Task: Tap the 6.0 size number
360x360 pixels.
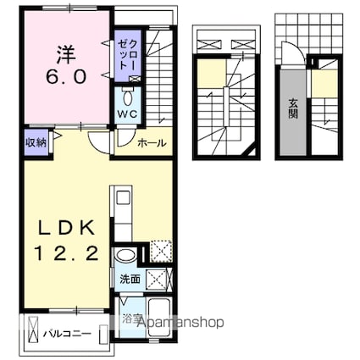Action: click(65, 77)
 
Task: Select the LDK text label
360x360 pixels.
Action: click(66, 228)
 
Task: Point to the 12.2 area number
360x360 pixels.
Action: click(66, 253)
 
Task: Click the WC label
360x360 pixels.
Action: click(127, 114)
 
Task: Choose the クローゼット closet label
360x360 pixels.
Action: click(128, 55)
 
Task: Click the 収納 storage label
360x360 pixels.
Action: click(36, 142)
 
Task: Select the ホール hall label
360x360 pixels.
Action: click(152, 143)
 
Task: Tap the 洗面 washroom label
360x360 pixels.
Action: click(130, 280)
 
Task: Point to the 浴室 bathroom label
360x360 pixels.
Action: click(130, 319)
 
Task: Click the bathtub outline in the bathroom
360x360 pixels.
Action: click(159, 318)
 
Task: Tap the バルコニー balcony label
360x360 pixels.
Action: click(67, 334)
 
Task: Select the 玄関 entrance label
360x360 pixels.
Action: click(293, 109)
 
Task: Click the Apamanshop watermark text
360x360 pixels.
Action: click(180, 322)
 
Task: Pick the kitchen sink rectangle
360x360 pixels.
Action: click(123, 198)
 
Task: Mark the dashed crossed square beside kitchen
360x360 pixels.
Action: click(161, 251)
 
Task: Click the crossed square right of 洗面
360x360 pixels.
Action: click(157, 280)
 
